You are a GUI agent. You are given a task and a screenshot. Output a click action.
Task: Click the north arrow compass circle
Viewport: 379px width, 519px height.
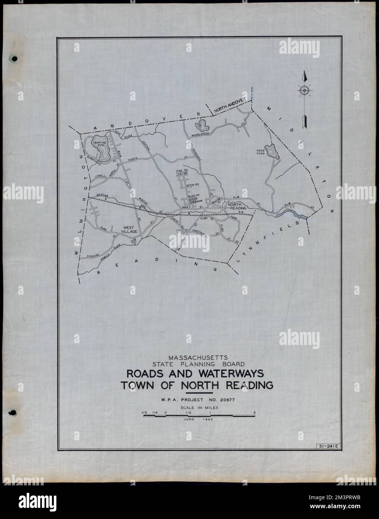tap(304, 90)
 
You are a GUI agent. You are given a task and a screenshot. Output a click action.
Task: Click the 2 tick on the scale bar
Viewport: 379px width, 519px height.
tap(254, 412)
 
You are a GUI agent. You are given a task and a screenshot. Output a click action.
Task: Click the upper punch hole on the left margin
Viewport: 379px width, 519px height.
tap(14, 59)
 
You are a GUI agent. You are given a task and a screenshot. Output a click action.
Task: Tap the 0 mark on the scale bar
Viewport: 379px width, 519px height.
tap(165, 412)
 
